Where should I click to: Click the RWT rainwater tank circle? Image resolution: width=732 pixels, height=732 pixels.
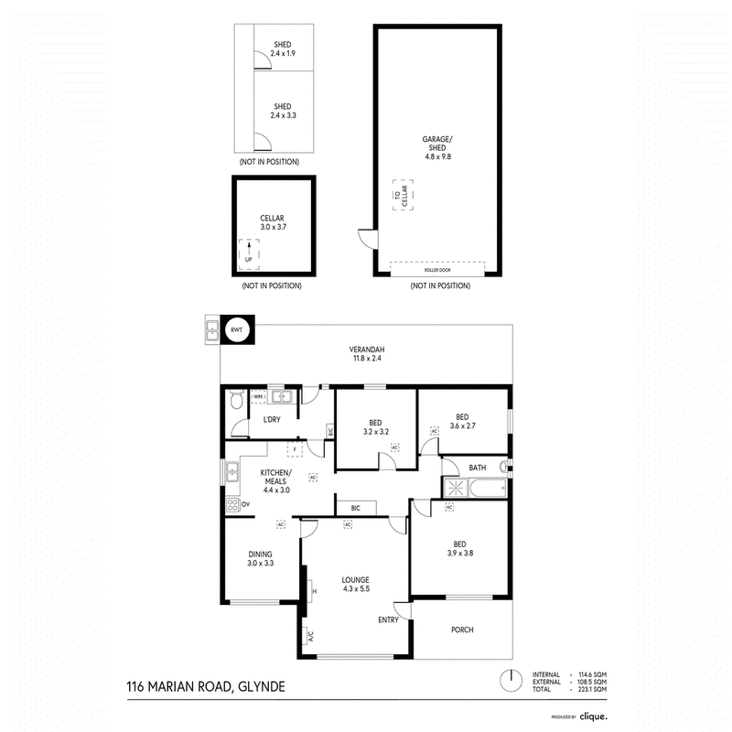(x=237, y=329)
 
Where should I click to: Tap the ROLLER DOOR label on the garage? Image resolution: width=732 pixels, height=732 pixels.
(x=437, y=270)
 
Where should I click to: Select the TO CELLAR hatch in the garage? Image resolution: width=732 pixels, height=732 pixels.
(x=403, y=195)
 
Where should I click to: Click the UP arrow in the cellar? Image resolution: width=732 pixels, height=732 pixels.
(x=249, y=247)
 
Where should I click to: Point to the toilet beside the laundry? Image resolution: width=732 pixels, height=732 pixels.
(x=237, y=400)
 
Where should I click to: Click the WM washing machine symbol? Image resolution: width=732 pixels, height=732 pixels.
(x=258, y=397)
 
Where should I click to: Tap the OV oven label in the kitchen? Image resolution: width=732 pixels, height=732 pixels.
(x=245, y=504)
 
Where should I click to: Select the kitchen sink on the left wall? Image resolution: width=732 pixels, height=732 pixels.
(x=232, y=472)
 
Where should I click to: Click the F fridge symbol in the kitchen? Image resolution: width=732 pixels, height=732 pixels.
(x=295, y=449)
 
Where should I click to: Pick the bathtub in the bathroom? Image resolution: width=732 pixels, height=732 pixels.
(x=488, y=489)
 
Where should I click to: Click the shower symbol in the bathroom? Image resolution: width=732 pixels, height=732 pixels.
(x=456, y=488)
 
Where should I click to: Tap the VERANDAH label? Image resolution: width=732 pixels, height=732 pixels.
(x=367, y=350)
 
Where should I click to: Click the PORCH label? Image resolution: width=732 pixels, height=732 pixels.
(x=462, y=630)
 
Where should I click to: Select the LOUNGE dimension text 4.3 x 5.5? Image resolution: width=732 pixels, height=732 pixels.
(x=356, y=588)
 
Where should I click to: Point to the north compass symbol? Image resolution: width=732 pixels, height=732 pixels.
(x=511, y=681)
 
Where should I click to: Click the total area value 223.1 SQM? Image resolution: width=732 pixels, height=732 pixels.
(x=592, y=689)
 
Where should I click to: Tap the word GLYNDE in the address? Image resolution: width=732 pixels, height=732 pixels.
(x=262, y=687)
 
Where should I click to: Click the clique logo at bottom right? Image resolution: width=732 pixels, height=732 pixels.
(x=593, y=716)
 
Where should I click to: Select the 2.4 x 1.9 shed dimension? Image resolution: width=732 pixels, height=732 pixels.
(x=283, y=53)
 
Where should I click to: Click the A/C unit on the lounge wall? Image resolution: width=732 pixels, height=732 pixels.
(x=308, y=636)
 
